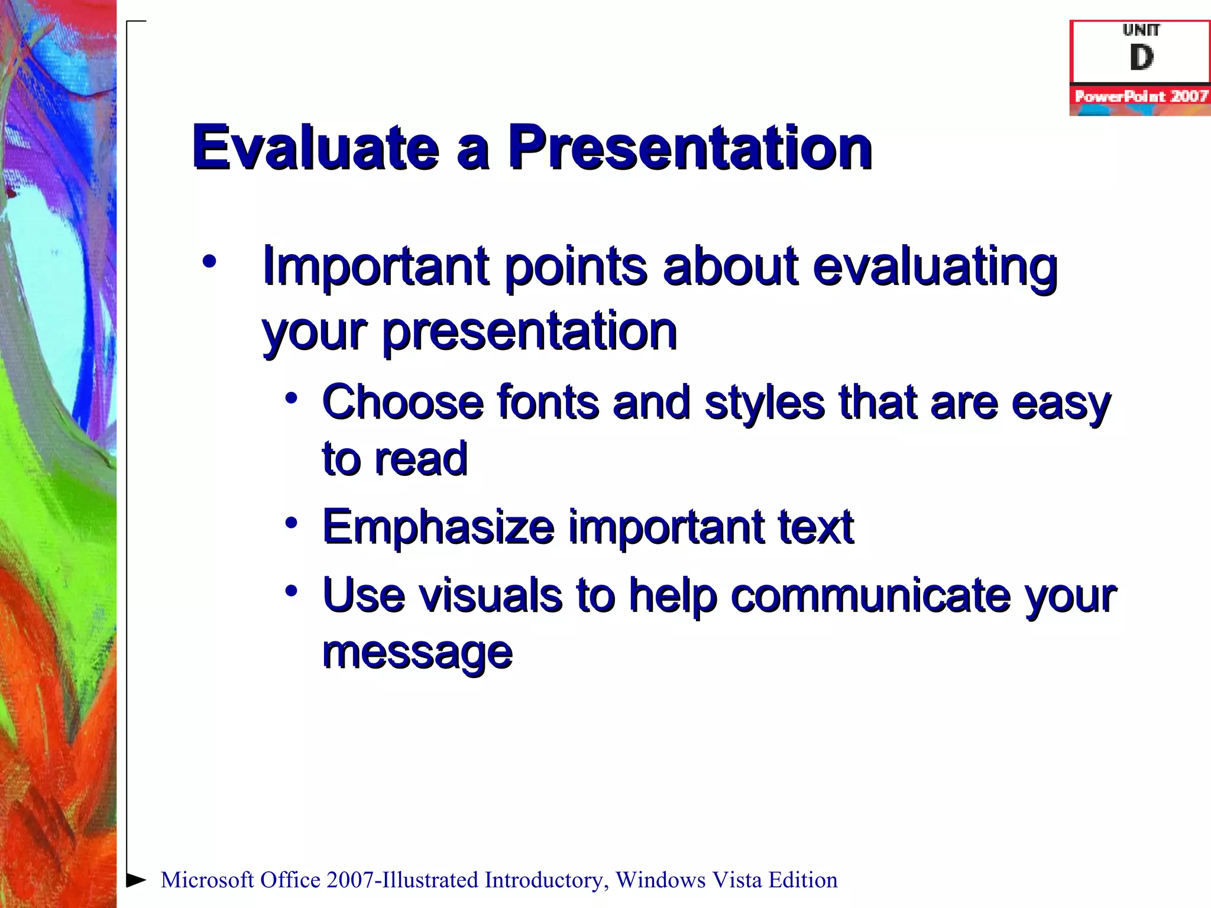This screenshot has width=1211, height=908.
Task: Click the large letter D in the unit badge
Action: pos(1141,58)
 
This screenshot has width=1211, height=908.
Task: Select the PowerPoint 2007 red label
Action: pos(1141,96)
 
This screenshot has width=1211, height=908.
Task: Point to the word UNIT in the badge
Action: pos(1141,30)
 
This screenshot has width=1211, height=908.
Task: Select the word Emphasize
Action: pos(438,527)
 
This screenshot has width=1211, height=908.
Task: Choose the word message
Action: pos(417,654)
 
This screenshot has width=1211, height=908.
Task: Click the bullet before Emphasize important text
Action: pos(291,523)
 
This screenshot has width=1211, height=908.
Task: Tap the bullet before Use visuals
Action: pos(291,590)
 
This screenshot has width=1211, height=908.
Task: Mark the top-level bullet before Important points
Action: pos(209,261)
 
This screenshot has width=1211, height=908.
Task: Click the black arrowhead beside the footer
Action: pos(136,880)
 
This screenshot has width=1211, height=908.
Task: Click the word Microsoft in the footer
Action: pos(207,880)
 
